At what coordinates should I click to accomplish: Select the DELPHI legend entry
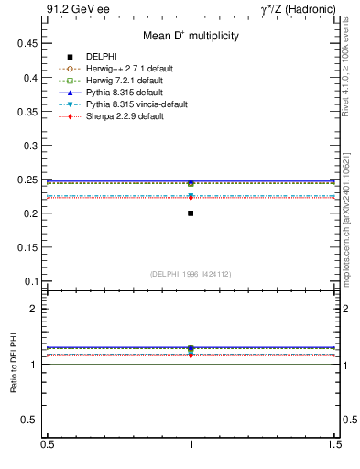coord(102,57)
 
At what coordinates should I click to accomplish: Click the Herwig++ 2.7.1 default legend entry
coord(129,69)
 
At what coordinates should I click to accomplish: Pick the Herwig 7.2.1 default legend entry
coord(127,81)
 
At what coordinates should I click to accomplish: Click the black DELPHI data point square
coord(191,213)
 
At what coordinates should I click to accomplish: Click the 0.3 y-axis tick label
coord(32,146)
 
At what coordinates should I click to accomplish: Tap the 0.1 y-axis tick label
coord(32,281)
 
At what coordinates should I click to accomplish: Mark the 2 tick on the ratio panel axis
coord(35,309)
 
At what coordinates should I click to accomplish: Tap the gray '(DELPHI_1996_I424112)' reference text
coord(191,274)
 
